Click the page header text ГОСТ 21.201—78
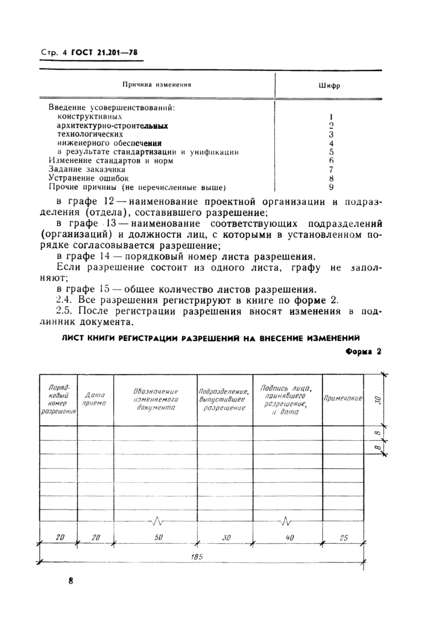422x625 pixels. click(104, 53)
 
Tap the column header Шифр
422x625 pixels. click(329, 86)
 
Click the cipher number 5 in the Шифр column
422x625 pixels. click(332, 152)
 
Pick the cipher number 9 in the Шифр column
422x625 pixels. click(332, 187)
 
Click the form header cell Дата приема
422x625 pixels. click(95, 399)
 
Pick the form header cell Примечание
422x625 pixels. click(342, 399)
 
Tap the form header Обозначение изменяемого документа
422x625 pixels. click(155, 399)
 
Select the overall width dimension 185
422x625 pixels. click(196, 557)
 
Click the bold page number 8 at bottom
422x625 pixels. click(71, 581)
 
